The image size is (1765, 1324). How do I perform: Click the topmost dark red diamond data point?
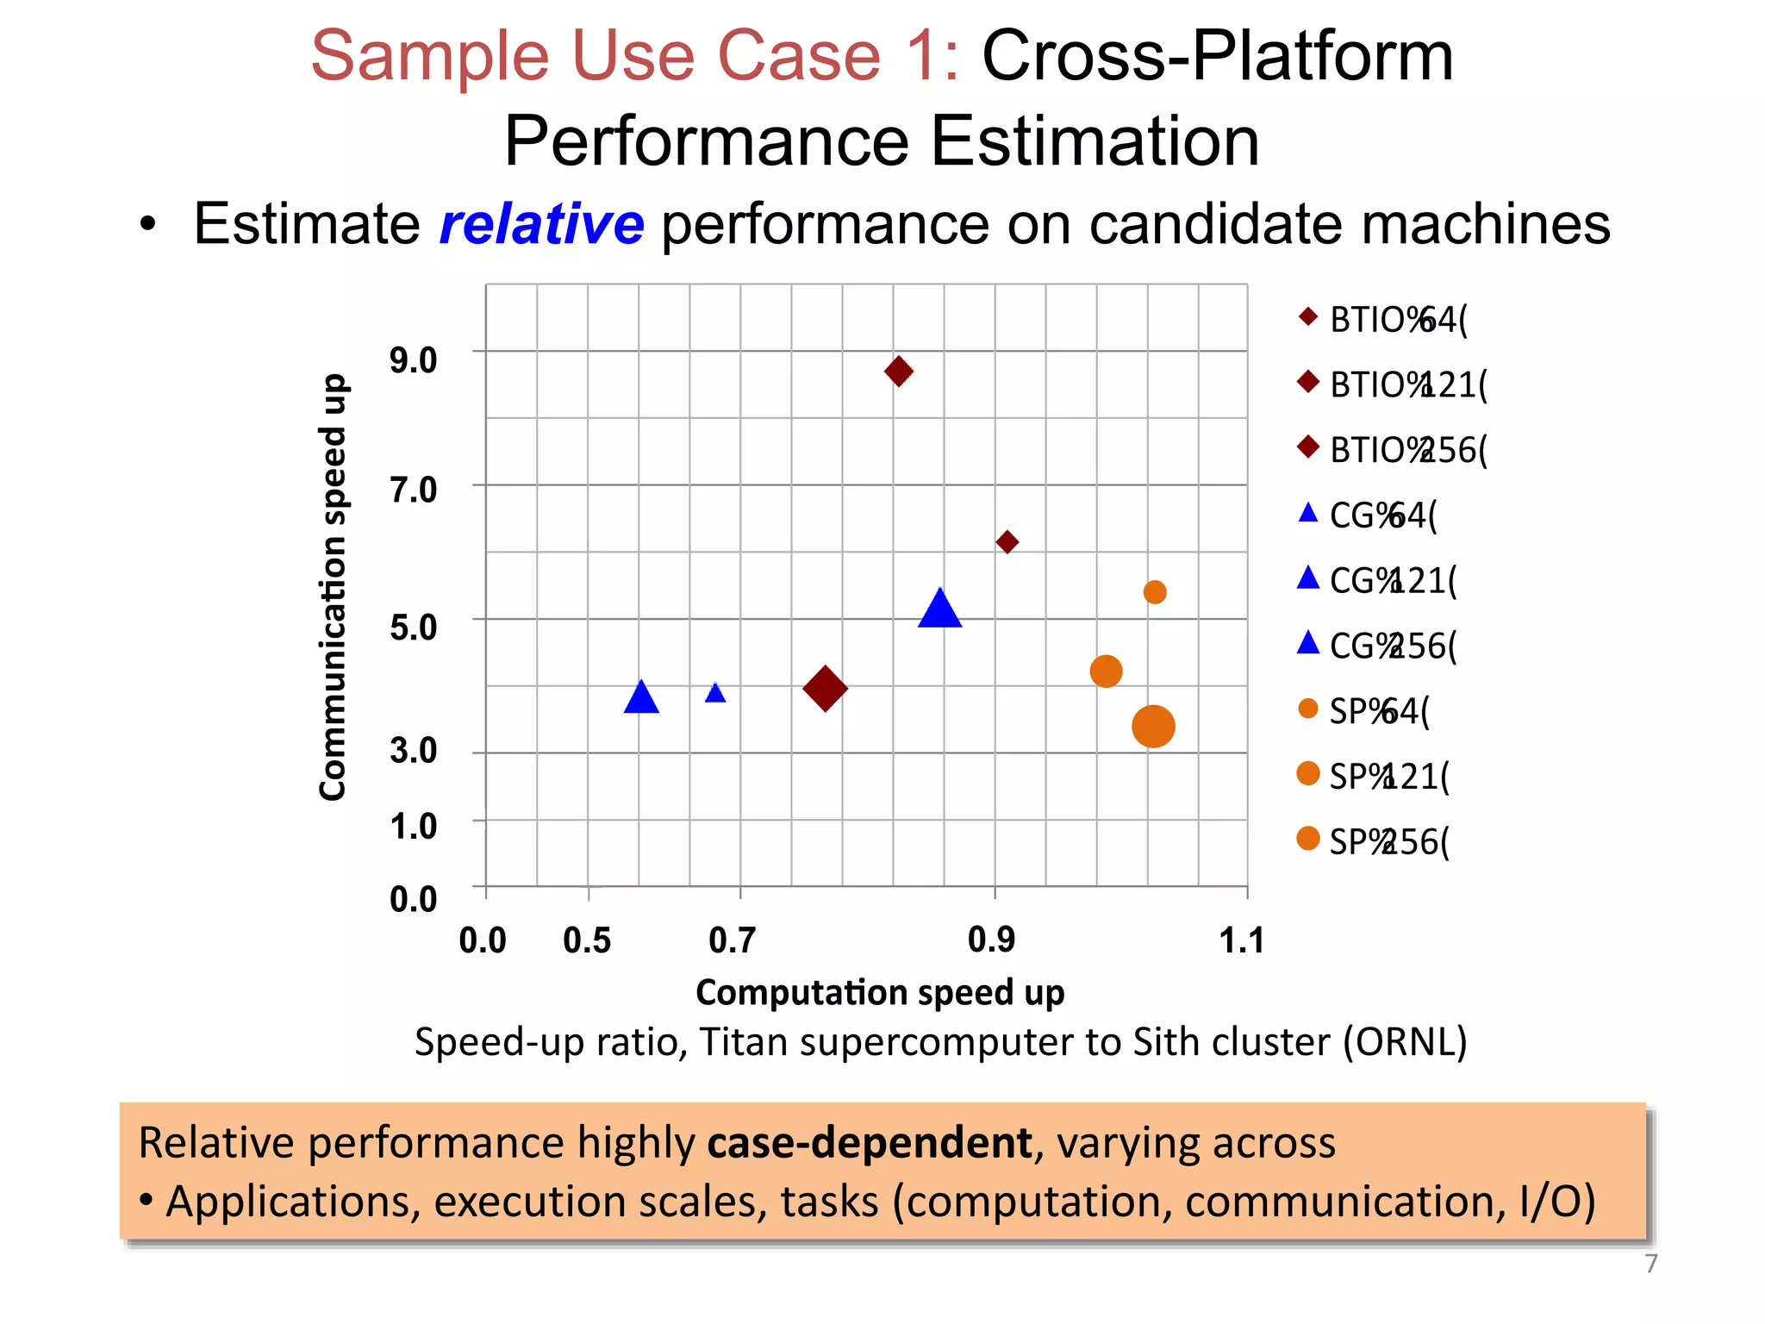coord(899,372)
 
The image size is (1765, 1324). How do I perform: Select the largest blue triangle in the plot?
coord(939,609)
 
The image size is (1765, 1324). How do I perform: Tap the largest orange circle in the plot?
coord(1153,726)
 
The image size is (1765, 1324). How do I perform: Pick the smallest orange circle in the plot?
coord(1155,592)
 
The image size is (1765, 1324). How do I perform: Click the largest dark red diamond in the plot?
coord(825,688)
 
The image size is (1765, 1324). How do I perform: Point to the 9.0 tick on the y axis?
coord(413,360)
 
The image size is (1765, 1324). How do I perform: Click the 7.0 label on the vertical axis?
coord(413,490)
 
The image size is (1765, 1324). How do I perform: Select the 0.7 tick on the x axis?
coord(732,940)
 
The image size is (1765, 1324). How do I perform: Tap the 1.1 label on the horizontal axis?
coord(1242,940)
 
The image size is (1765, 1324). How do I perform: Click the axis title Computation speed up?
coord(880,992)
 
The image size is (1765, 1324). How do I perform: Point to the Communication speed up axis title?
coord(333,587)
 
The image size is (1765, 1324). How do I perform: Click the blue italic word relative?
coord(541,224)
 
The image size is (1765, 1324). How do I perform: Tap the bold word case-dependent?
coord(870,1143)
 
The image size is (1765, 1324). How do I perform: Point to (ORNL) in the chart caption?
coord(1405,1042)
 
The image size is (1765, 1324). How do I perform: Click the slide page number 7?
coord(1650,1264)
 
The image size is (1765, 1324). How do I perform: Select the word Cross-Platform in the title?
coord(1217,57)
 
